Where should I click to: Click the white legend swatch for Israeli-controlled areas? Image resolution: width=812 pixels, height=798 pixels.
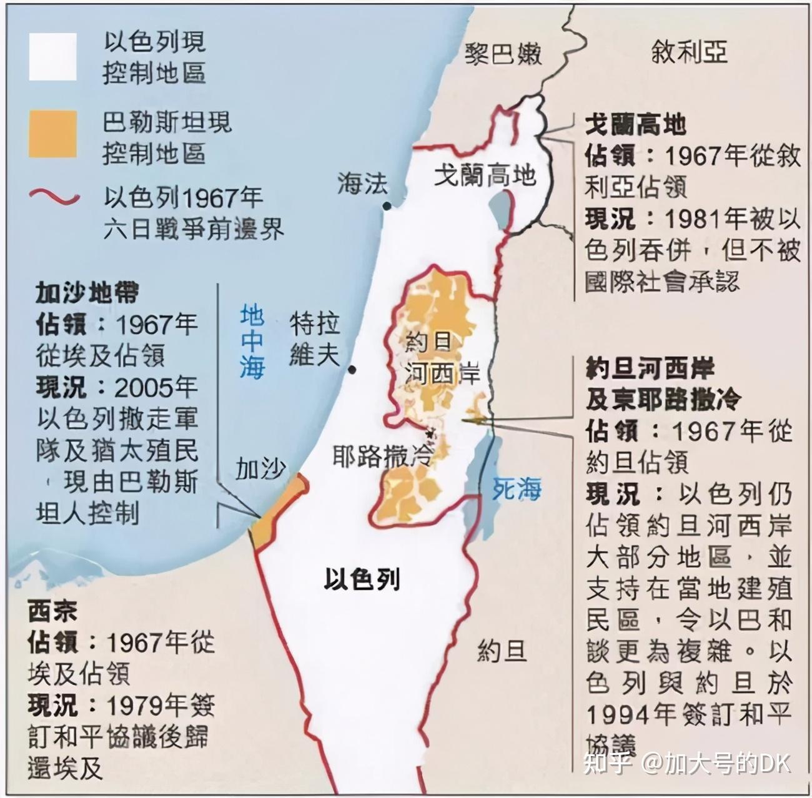tap(52, 57)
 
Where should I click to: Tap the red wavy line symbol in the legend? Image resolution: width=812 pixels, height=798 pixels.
tap(54, 198)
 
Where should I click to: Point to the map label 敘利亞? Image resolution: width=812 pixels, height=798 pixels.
tap(689, 52)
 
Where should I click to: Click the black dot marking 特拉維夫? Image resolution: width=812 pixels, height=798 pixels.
tap(353, 370)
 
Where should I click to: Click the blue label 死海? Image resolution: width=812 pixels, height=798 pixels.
tap(516, 489)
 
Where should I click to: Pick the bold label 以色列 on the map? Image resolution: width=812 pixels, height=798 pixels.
tap(362, 579)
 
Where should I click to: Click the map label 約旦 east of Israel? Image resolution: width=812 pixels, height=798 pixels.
tap(502, 653)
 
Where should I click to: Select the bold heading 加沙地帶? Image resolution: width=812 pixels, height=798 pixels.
tap(87, 292)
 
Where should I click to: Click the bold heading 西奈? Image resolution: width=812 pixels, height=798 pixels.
tap(53, 611)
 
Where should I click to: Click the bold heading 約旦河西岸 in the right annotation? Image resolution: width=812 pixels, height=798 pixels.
tap(650, 368)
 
